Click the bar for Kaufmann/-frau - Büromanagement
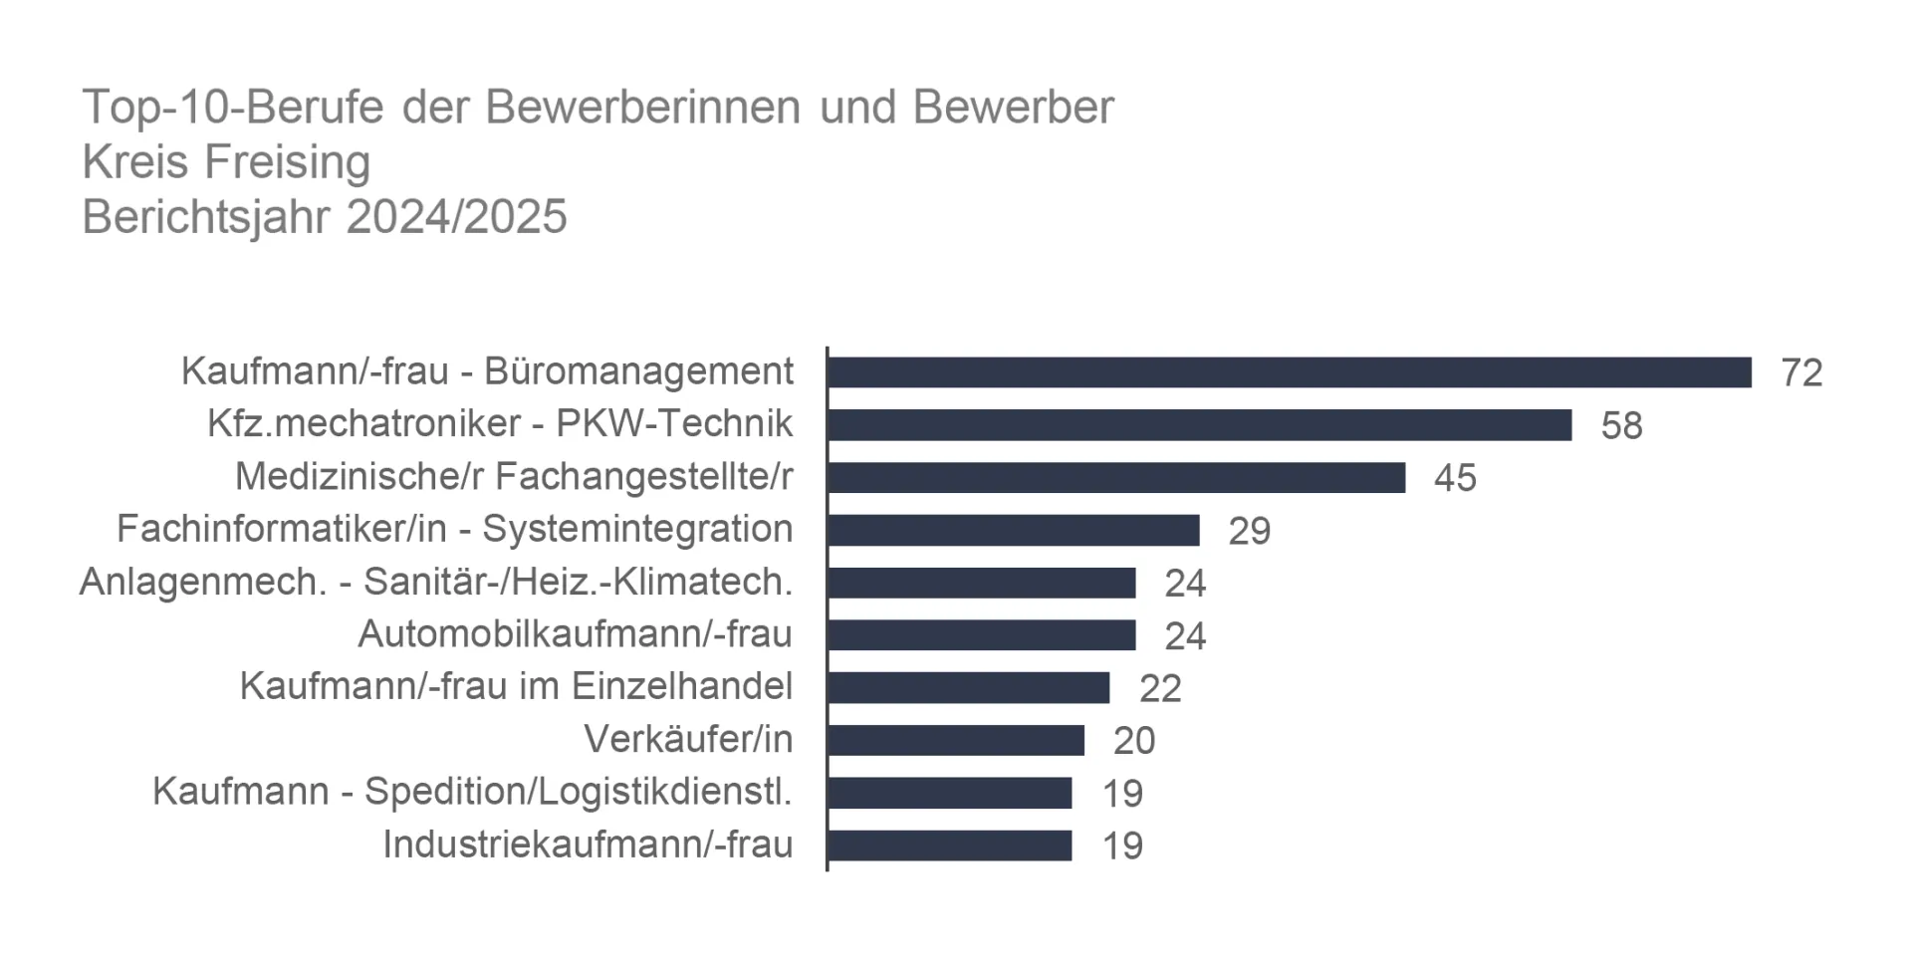pyautogui.click(x=1289, y=372)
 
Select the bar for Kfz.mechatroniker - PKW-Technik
pyautogui.click(x=1199, y=425)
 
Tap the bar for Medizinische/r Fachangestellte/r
pyautogui.click(x=1115, y=478)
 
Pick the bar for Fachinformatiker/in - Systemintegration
pyautogui.click(x=1013, y=531)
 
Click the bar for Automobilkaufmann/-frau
pyautogui.click(x=981, y=635)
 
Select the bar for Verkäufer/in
pyautogui.click(x=955, y=741)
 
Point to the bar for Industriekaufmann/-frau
pyautogui.click(x=949, y=847)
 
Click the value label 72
pyautogui.click(x=1800, y=373)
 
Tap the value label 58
pyautogui.click(x=1621, y=426)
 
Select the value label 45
pyautogui.click(x=1455, y=479)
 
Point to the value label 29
pyautogui.click(x=1249, y=532)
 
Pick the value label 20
pyautogui.click(x=1134, y=741)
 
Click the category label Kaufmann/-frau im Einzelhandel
pyautogui.click(x=516, y=686)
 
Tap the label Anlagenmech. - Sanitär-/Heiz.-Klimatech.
pyautogui.click(x=435, y=582)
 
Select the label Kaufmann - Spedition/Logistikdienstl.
pyautogui.click(x=472, y=792)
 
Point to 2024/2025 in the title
pyautogui.click(x=456, y=217)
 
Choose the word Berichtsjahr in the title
pyautogui.click(x=206, y=217)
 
